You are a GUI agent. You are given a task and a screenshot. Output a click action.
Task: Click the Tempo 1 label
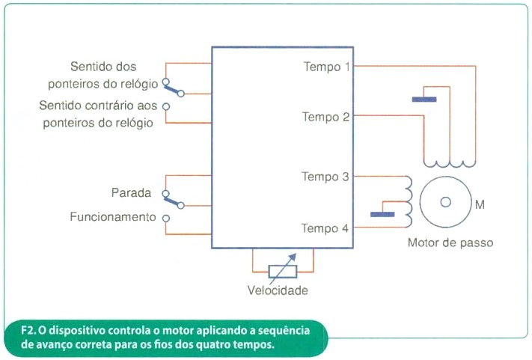pyautogui.click(x=326, y=67)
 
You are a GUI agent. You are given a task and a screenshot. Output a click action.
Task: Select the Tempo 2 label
pyautogui.click(x=325, y=117)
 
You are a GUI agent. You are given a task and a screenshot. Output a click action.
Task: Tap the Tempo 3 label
pyautogui.click(x=325, y=177)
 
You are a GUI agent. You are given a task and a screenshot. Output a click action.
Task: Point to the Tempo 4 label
pyautogui.click(x=325, y=228)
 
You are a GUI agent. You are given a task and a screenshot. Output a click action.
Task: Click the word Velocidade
pyautogui.click(x=278, y=290)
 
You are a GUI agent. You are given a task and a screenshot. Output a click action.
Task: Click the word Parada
pyautogui.click(x=131, y=193)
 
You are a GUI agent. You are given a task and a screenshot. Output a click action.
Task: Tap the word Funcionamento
pyautogui.click(x=113, y=216)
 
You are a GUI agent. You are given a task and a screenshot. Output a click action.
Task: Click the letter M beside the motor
pyautogui.click(x=480, y=204)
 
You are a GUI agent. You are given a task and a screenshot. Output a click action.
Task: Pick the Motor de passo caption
pyautogui.click(x=450, y=242)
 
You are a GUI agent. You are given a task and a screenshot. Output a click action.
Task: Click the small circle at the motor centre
pyautogui.click(x=445, y=202)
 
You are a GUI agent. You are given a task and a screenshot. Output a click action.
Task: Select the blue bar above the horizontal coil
pyautogui.click(x=424, y=100)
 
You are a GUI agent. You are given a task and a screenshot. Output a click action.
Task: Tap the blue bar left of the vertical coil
pyautogui.click(x=382, y=215)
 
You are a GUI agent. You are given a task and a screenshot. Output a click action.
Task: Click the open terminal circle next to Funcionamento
pyautogui.click(x=166, y=219)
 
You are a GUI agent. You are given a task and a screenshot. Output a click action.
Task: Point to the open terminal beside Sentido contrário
pyautogui.click(x=166, y=106)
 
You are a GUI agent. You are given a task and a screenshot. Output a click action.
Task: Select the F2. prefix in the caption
pyautogui.click(x=28, y=330)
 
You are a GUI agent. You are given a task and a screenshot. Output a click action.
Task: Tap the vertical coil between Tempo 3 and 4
pyautogui.click(x=409, y=201)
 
